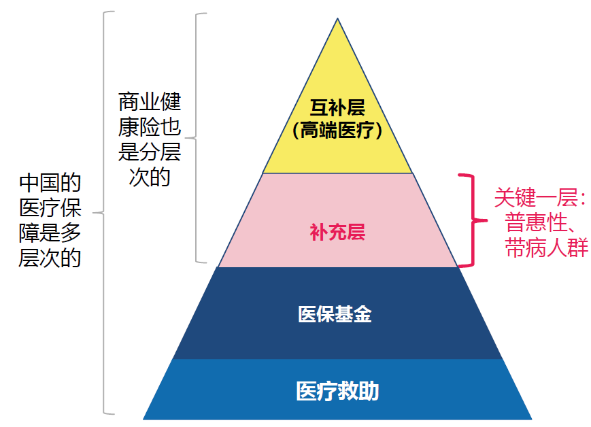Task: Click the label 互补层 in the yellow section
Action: (337, 108)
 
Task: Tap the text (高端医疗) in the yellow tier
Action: (337, 131)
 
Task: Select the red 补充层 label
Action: (337, 232)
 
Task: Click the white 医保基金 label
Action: (335, 314)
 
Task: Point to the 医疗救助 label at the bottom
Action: (337, 391)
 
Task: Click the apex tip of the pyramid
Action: (337, 18)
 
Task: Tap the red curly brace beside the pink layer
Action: (473, 220)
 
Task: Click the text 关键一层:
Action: (540, 197)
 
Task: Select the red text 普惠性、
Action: (540, 222)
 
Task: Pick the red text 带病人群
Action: (547, 247)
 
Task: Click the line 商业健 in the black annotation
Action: (150, 102)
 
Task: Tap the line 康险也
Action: (150, 127)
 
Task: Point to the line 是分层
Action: (150, 152)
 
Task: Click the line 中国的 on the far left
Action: (50, 183)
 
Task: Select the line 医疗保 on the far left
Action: (50, 208)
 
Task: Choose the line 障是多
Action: (50, 233)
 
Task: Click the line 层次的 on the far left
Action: (50, 258)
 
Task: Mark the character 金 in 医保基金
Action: (362, 314)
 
